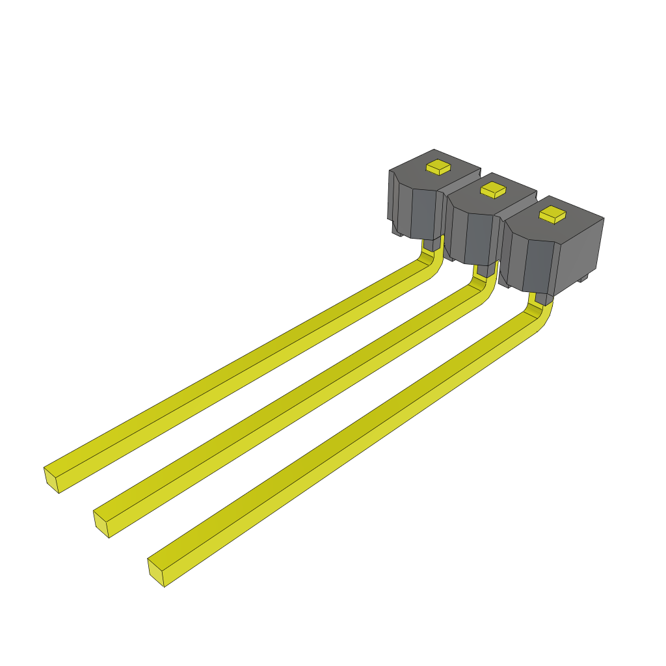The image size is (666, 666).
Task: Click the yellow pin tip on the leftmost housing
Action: point(438,167)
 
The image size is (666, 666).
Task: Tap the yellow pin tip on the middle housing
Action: point(494,189)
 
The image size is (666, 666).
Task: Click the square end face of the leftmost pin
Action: point(51,479)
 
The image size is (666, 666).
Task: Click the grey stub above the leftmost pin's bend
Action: point(429,245)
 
